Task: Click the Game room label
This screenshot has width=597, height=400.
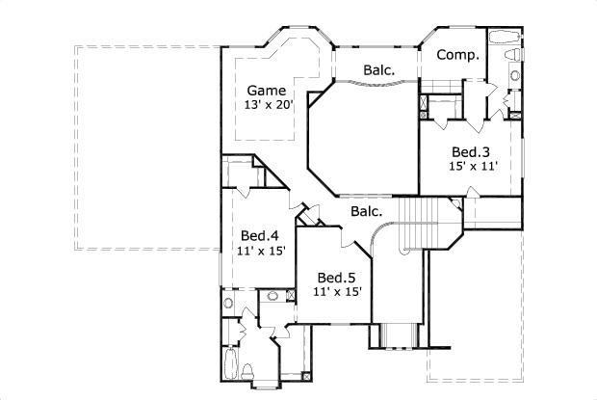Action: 266,92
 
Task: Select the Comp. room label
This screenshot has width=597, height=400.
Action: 457,55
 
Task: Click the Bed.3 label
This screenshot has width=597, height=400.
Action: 471,151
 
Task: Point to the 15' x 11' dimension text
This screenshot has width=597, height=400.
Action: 471,166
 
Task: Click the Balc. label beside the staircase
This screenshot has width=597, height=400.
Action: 367,211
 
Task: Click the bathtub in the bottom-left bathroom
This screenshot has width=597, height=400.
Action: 231,366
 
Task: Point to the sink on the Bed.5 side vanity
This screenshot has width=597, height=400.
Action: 273,296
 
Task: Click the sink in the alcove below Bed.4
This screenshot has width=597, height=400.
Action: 229,303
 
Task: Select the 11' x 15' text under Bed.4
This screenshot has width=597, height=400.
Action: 259,251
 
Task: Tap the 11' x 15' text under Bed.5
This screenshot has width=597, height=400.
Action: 337,292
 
